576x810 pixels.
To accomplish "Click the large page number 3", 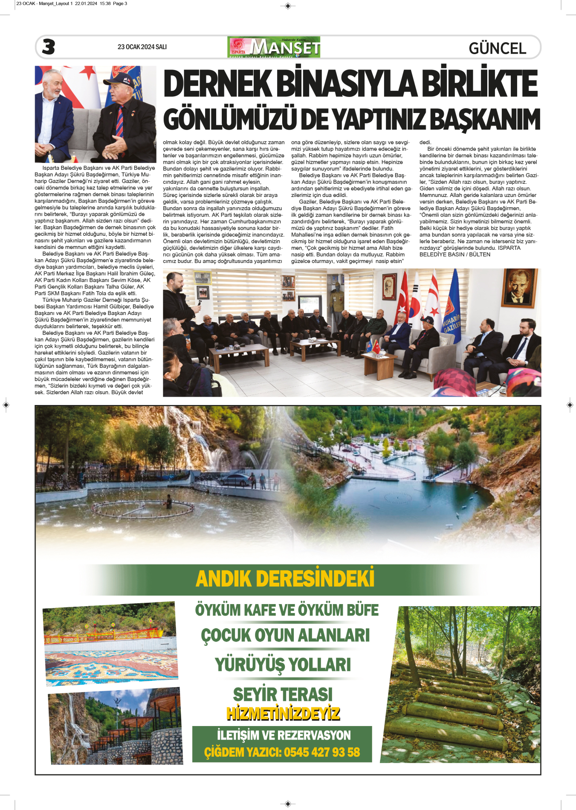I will [48, 47].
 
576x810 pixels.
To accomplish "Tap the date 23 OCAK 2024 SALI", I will [142, 47].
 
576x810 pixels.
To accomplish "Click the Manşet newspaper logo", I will [274, 47].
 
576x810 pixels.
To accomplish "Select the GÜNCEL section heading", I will [497, 48].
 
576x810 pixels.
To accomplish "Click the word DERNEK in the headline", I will [217, 84].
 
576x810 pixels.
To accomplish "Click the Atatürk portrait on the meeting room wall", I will [519, 287].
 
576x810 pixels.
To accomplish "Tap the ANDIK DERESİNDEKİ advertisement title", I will [285, 579].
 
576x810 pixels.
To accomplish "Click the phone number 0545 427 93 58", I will [322, 752].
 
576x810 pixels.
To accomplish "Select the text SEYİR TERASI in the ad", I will [283, 694].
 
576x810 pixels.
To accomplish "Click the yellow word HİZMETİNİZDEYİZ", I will [283, 713].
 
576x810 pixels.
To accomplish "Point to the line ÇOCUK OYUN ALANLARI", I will [285, 635].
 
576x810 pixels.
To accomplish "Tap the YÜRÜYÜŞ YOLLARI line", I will [283, 665].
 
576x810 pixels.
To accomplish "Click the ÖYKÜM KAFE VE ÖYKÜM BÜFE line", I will [287, 610].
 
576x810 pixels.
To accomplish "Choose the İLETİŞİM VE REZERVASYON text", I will [284, 735].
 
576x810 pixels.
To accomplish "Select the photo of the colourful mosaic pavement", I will [111, 644].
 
